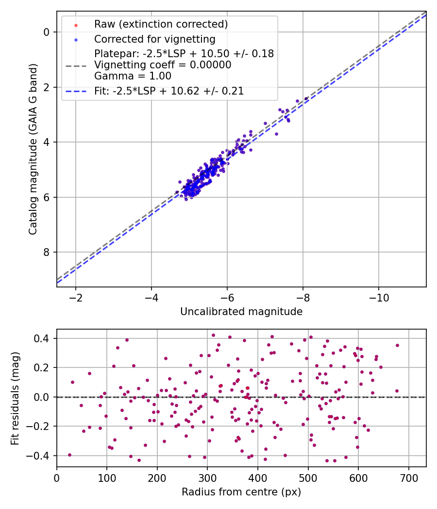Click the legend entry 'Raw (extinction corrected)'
161,24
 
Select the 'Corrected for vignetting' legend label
154,39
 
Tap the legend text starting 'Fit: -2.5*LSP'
169,91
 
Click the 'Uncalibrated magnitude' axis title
241,312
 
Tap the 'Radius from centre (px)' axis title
241,492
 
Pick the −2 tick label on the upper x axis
76,297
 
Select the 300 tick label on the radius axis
207,477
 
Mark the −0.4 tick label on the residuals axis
39,456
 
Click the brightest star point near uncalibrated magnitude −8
306,98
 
